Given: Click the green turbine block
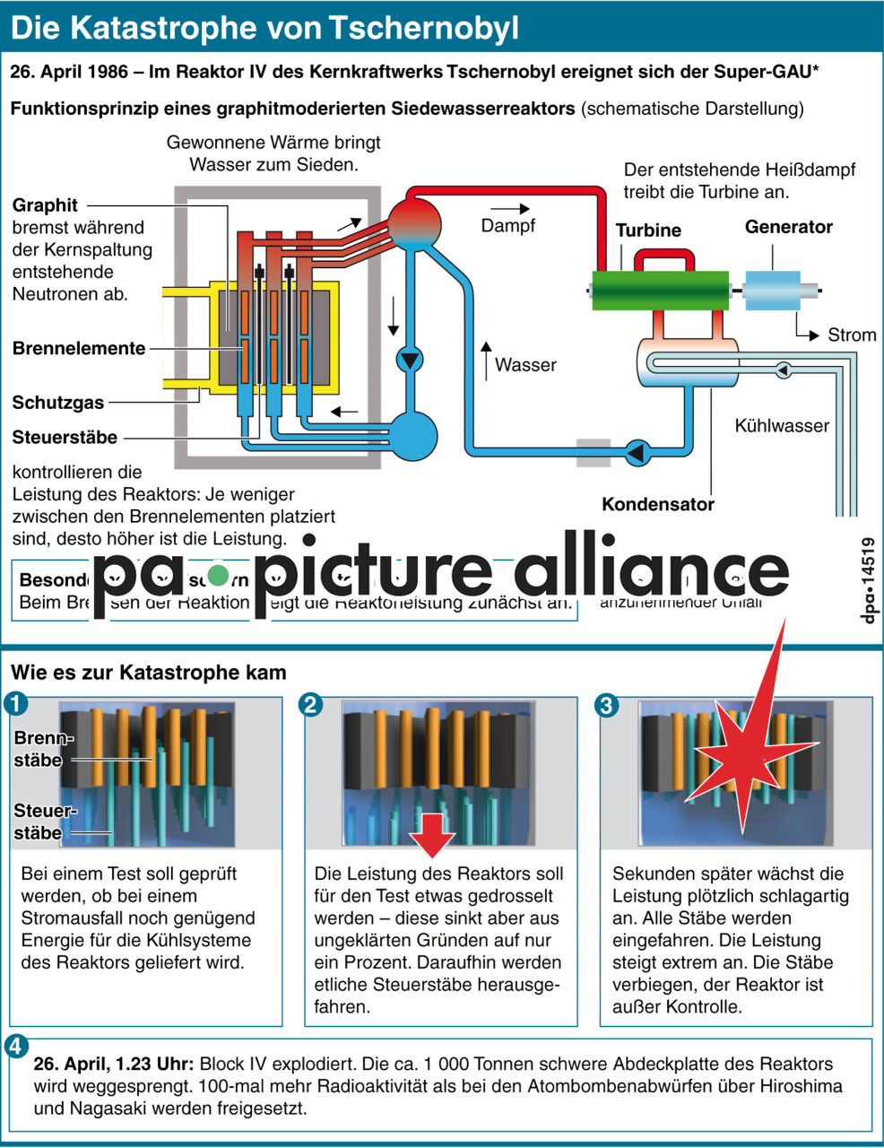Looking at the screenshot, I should [x=659, y=290].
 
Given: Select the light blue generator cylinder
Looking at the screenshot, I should [x=772, y=291].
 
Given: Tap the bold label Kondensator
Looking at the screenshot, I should [x=658, y=504].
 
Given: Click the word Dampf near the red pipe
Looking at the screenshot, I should [x=507, y=226].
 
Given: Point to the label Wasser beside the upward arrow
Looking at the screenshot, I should [x=525, y=365].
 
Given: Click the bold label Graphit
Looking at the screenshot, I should [x=45, y=205].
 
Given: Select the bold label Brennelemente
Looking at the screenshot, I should [x=79, y=349].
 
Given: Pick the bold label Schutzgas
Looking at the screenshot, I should [x=58, y=403].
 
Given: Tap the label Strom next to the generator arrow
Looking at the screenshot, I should [x=851, y=335].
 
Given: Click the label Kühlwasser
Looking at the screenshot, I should [x=782, y=426].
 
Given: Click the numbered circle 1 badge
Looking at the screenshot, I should [x=15, y=704].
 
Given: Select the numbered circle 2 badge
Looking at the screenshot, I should [x=310, y=705].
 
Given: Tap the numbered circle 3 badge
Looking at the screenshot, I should [x=606, y=705].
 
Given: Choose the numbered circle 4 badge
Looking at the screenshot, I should [x=15, y=1046].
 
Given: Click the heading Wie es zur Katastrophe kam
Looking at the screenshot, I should [x=149, y=673].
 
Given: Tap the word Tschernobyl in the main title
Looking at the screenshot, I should [x=424, y=29].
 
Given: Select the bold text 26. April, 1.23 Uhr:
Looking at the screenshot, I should [x=113, y=1065].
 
